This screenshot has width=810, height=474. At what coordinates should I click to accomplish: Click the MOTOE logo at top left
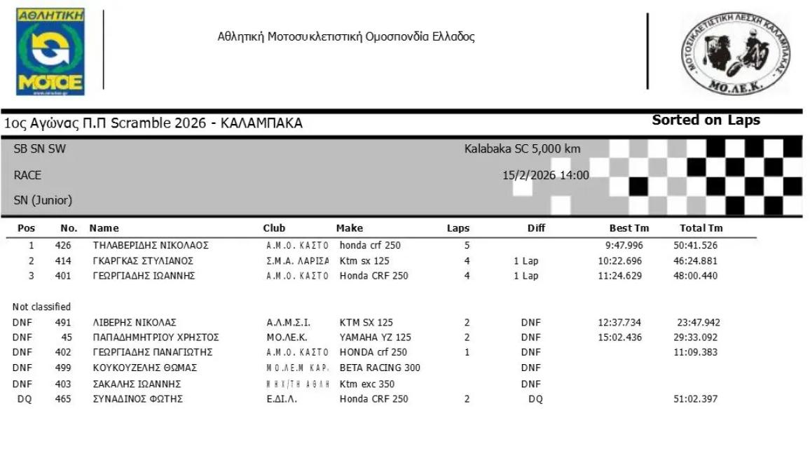(50, 52)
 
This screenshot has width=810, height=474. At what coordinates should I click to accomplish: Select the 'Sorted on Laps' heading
(706, 120)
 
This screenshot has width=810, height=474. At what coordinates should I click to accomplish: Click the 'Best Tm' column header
(629, 228)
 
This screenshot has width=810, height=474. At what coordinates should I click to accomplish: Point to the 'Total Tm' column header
(701, 228)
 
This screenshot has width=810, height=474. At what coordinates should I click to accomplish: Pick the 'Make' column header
(350, 228)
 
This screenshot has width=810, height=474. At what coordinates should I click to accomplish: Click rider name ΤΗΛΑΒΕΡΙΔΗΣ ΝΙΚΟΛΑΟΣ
(151, 246)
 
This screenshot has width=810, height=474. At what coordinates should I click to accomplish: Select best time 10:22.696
(619, 261)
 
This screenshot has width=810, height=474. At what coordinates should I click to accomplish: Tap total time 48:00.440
(695, 276)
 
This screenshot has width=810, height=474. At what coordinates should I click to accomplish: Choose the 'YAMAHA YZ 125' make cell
(375, 337)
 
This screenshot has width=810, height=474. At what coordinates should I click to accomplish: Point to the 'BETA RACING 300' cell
(380, 368)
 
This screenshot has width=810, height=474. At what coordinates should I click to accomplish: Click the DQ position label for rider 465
(24, 399)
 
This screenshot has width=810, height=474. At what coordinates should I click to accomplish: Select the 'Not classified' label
(41, 307)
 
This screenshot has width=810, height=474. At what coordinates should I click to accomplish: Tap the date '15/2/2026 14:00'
(546, 175)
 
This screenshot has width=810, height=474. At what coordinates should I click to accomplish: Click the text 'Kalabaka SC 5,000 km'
(522, 148)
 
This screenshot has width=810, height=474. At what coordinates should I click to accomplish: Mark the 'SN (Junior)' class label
(43, 200)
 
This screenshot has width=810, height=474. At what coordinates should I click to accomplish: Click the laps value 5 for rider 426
(467, 246)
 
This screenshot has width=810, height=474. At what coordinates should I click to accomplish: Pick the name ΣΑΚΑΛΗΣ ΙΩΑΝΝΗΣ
(137, 384)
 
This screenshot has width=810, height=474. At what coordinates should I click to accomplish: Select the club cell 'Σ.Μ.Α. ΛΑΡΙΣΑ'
(297, 261)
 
